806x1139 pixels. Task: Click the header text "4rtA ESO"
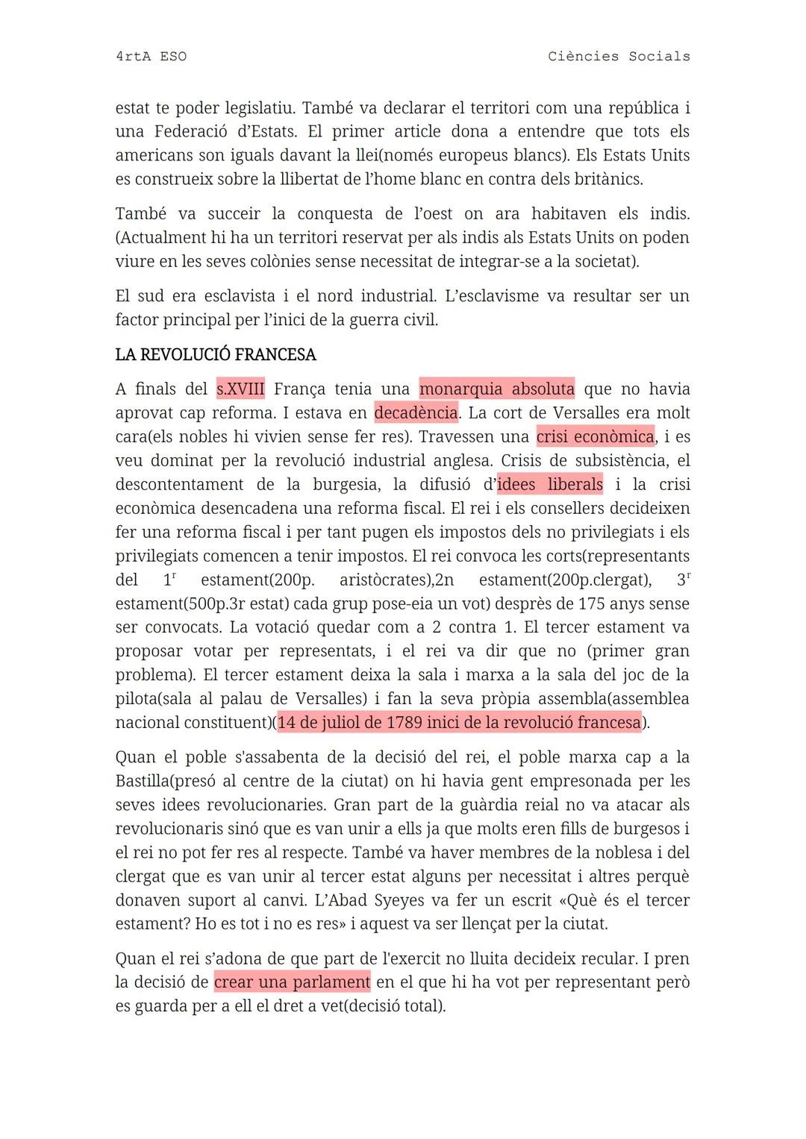coord(151,57)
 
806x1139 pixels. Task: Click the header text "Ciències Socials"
coord(619,57)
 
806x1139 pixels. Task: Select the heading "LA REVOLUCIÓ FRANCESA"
coord(216,355)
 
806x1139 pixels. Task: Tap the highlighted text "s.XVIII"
coord(240,389)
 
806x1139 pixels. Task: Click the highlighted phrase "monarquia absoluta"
coord(497,389)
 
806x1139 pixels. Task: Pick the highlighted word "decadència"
coord(416,413)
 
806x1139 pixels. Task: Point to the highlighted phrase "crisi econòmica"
coord(595,437)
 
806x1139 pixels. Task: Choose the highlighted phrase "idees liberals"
coord(550,485)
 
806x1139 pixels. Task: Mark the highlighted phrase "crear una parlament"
coord(292,982)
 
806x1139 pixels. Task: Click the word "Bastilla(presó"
coord(171,782)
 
